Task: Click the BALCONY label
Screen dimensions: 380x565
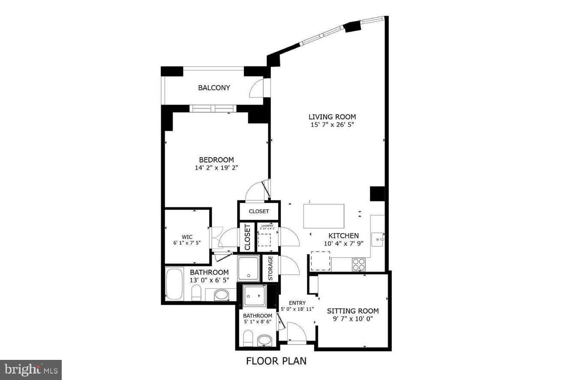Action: (x=214, y=88)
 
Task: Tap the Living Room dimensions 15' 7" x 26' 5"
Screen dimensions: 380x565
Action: (x=332, y=125)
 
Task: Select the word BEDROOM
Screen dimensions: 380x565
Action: (x=216, y=160)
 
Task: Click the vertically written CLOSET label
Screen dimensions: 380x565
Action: (x=247, y=237)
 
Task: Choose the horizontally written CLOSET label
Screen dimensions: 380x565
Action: (x=259, y=211)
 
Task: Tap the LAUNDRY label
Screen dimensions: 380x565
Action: (x=268, y=226)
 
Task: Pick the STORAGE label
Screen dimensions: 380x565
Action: (x=270, y=268)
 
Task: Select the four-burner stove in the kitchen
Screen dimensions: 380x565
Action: (x=359, y=265)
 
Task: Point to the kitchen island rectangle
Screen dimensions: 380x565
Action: (x=324, y=216)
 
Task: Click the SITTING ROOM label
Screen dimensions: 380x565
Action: (x=353, y=311)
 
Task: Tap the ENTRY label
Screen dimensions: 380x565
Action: (x=297, y=303)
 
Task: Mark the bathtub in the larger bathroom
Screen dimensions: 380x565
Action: (x=174, y=283)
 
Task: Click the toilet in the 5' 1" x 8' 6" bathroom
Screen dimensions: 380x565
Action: (x=248, y=339)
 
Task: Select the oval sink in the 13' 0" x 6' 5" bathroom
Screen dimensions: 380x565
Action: (x=221, y=295)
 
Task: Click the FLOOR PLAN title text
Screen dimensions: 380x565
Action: (x=276, y=361)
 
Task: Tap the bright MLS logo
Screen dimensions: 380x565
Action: (x=30, y=369)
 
